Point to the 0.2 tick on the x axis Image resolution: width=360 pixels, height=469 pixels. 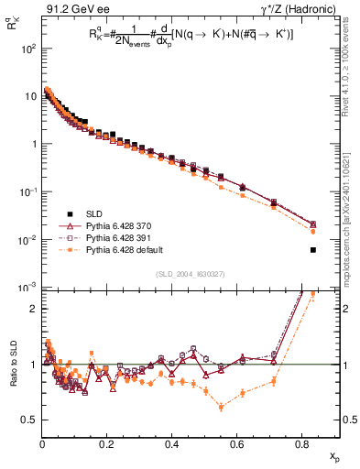click(107, 443)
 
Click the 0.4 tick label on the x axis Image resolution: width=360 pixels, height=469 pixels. click(172, 443)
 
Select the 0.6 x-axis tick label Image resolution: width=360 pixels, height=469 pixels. click(237, 443)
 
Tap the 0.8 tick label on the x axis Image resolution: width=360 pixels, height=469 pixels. click(302, 443)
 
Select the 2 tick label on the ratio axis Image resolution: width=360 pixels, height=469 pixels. click(35, 309)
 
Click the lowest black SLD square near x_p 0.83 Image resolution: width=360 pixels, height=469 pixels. click(313, 250)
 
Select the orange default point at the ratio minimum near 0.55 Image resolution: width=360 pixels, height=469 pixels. click(222, 407)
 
